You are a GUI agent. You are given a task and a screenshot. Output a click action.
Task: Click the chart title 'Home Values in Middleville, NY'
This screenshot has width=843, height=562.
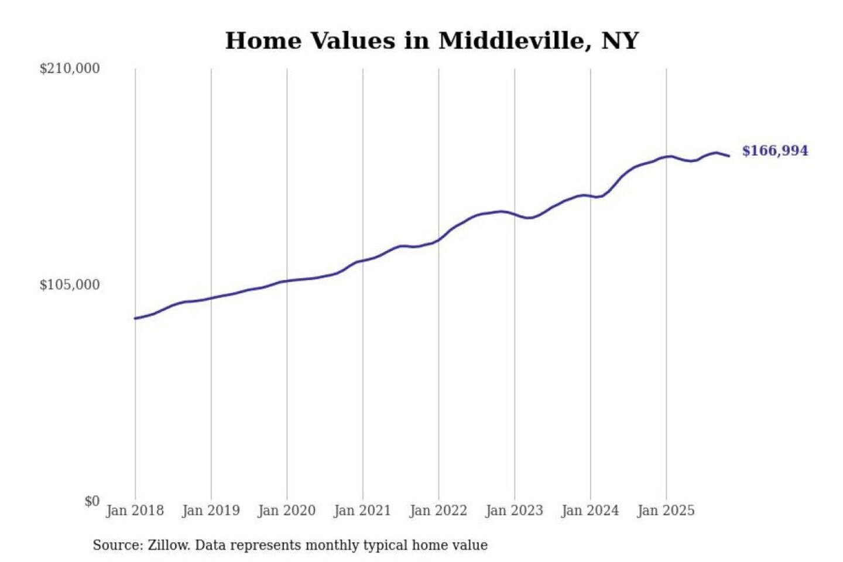(x=431, y=41)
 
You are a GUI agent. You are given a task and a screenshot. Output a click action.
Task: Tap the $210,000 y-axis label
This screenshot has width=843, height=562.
(x=70, y=68)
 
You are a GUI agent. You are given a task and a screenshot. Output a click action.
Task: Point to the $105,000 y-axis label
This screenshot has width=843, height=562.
(x=70, y=285)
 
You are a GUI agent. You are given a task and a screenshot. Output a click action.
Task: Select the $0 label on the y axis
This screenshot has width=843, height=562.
(x=92, y=501)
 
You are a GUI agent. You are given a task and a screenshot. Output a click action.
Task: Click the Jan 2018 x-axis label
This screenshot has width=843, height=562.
(x=135, y=510)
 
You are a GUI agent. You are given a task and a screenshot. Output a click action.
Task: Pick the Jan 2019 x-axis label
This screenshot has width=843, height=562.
(x=211, y=510)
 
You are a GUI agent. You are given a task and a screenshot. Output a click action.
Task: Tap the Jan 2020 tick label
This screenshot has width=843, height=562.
(x=287, y=510)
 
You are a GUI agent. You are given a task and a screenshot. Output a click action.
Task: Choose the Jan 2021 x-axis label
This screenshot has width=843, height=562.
(x=362, y=510)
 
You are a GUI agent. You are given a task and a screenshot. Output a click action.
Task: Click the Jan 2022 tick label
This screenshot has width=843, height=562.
(x=438, y=510)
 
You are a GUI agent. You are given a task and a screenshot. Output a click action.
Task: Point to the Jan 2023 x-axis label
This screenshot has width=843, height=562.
(x=515, y=510)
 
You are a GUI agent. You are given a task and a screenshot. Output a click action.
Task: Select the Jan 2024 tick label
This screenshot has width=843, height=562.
(x=590, y=510)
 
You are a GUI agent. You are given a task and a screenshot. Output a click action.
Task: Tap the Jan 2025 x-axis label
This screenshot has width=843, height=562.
(x=666, y=510)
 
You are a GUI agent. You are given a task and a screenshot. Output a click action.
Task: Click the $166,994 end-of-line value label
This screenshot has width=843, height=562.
(x=775, y=151)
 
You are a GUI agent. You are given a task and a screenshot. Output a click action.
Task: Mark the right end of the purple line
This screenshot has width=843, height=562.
(x=729, y=156)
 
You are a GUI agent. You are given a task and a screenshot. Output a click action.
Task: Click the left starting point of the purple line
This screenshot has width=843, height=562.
(x=135, y=318)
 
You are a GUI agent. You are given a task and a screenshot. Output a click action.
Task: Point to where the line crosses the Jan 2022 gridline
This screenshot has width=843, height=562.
(x=438, y=239)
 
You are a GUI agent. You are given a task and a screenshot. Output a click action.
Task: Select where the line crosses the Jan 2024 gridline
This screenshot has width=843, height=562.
(x=590, y=196)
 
